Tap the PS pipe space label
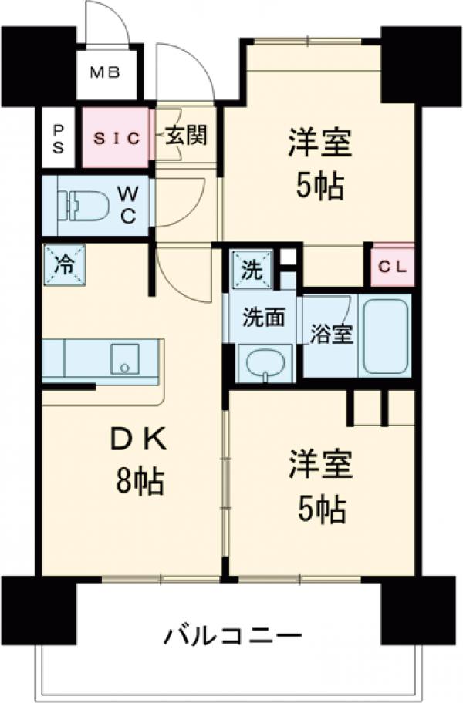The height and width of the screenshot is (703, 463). [x=59, y=140]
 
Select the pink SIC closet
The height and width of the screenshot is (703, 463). [x=116, y=139]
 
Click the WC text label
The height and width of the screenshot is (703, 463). [x=127, y=205]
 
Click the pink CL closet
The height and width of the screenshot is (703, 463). [x=394, y=267]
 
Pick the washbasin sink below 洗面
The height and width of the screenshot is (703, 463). [x=265, y=364]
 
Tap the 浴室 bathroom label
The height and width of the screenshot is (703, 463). [x=332, y=335]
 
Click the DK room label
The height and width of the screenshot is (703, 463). [x=139, y=441]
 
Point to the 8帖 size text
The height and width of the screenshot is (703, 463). [x=139, y=483]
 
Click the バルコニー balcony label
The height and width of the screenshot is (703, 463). [x=231, y=637]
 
